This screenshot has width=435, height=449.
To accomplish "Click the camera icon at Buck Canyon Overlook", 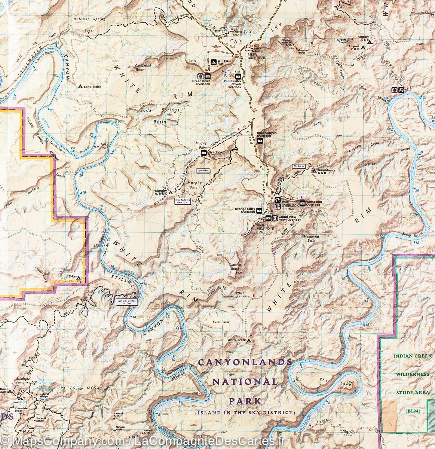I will coord(260,141).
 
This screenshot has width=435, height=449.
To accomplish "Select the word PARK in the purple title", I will coord(245,401).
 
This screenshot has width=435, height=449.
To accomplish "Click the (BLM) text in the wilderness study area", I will coord(411,411).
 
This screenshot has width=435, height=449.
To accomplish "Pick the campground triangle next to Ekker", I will coord(80,277).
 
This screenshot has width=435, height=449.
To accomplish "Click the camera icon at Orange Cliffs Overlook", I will coord(258,211).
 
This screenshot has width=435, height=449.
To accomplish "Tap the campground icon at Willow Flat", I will coord(213,62).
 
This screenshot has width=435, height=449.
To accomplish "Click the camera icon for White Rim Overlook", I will coord(302,203).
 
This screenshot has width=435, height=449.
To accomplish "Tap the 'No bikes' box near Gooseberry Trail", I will coord(299,166).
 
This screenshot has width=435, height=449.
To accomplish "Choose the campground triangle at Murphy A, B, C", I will coord(171,193).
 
